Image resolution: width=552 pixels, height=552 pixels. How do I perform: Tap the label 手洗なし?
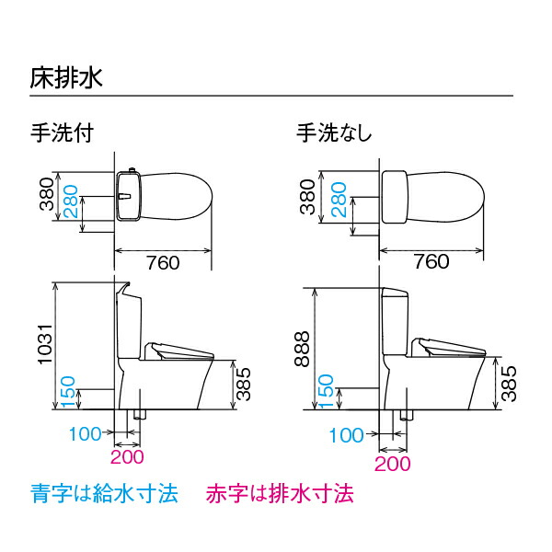click(333, 133)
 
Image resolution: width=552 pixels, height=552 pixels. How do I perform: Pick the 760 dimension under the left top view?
click(162, 262)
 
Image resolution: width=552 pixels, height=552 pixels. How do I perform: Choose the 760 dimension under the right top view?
click(431, 262)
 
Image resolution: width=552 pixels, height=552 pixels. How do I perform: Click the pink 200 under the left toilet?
click(127, 455)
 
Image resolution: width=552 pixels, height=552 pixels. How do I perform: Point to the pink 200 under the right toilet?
click(393, 464)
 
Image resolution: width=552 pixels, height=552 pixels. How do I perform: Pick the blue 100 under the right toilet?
click(347, 435)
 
